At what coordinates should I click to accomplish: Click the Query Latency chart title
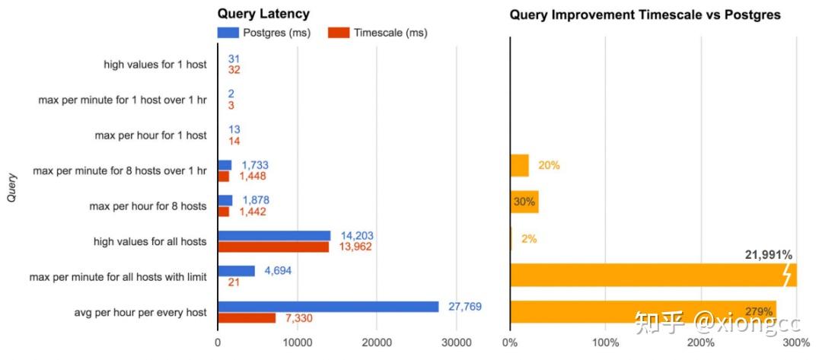pos(263,14)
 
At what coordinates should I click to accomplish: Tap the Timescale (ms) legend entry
pos(378,33)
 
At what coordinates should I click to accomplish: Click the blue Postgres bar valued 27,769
pos(328,307)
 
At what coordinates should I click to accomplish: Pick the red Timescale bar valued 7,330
pos(247,318)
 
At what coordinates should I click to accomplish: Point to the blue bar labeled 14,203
pos(274,236)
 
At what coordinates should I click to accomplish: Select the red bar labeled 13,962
pos(273,247)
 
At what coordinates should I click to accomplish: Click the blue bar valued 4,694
pos(236,271)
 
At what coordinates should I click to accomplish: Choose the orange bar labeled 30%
pos(524,202)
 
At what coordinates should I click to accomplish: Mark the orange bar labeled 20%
pos(519,166)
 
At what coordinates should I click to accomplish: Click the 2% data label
pos(530,239)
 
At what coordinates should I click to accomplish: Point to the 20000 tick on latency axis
pos(377,343)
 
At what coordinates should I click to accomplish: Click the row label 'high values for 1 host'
pos(155,65)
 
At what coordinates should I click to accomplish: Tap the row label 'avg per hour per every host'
pos(140,312)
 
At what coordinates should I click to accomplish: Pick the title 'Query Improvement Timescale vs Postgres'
pos(645,14)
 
